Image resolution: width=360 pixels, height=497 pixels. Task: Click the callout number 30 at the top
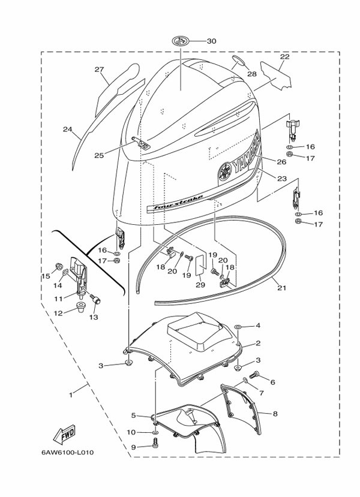212,41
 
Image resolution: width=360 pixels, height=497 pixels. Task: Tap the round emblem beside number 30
181,41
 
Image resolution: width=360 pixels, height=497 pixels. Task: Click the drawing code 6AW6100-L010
67,452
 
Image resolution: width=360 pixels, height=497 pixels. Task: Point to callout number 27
99,70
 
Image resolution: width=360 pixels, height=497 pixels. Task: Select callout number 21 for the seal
281,288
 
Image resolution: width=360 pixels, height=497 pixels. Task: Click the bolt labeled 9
155,443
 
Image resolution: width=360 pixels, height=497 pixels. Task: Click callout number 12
58,313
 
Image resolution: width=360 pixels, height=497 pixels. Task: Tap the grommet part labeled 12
82,307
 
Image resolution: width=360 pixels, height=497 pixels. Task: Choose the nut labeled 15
59,266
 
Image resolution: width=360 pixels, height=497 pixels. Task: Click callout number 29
200,285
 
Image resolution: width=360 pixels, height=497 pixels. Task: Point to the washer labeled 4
238,327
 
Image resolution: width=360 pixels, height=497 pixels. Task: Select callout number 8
275,414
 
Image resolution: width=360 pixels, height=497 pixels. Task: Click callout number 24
67,129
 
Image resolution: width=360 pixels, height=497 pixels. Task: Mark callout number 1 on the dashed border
71,395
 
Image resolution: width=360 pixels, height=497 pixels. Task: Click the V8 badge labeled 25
140,142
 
